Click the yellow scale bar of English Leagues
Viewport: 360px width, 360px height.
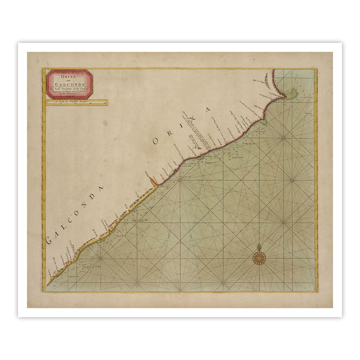(77, 104)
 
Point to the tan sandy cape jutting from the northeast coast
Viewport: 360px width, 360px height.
(291, 95)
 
